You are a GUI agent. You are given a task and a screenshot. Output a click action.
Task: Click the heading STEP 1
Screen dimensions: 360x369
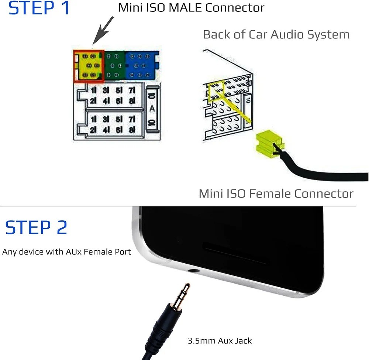pyautogui.click(x=39, y=8)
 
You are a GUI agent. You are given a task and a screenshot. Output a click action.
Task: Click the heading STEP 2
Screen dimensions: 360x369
pyautogui.click(x=36, y=227)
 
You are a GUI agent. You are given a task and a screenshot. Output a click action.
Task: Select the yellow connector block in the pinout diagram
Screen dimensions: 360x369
pyautogui.click(x=89, y=66)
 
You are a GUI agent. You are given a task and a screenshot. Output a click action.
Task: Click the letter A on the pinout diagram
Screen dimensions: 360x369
pyautogui.click(x=152, y=109)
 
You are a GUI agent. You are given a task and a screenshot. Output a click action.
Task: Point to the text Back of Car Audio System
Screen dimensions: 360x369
pyautogui.click(x=276, y=35)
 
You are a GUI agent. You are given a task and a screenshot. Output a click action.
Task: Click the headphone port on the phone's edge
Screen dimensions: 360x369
pyautogui.click(x=193, y=271)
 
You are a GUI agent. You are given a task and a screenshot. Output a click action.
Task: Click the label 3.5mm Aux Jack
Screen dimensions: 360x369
pyautogui.click(x=220, y=340)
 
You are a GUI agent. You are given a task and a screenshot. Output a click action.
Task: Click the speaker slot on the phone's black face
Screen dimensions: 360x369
pyautogui.click(x=236, y=256)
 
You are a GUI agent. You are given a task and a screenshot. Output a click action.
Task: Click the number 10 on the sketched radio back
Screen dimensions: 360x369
pyautogui.click(x=247, y=99)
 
